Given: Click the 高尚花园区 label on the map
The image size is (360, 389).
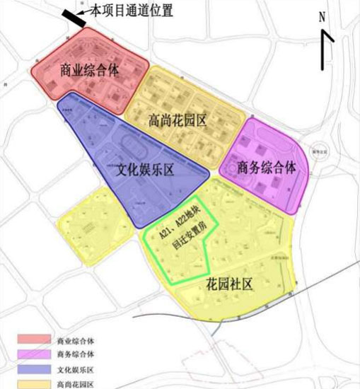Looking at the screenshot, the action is point(178,120).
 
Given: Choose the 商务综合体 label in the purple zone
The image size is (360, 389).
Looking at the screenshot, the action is point(265,168).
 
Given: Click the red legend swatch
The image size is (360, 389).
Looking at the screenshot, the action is point(30,340).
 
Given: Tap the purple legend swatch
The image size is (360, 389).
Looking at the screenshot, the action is point(30,354).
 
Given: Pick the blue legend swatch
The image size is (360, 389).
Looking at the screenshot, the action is point(30,369).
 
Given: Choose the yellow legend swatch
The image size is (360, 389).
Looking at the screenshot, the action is point(30,384).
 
